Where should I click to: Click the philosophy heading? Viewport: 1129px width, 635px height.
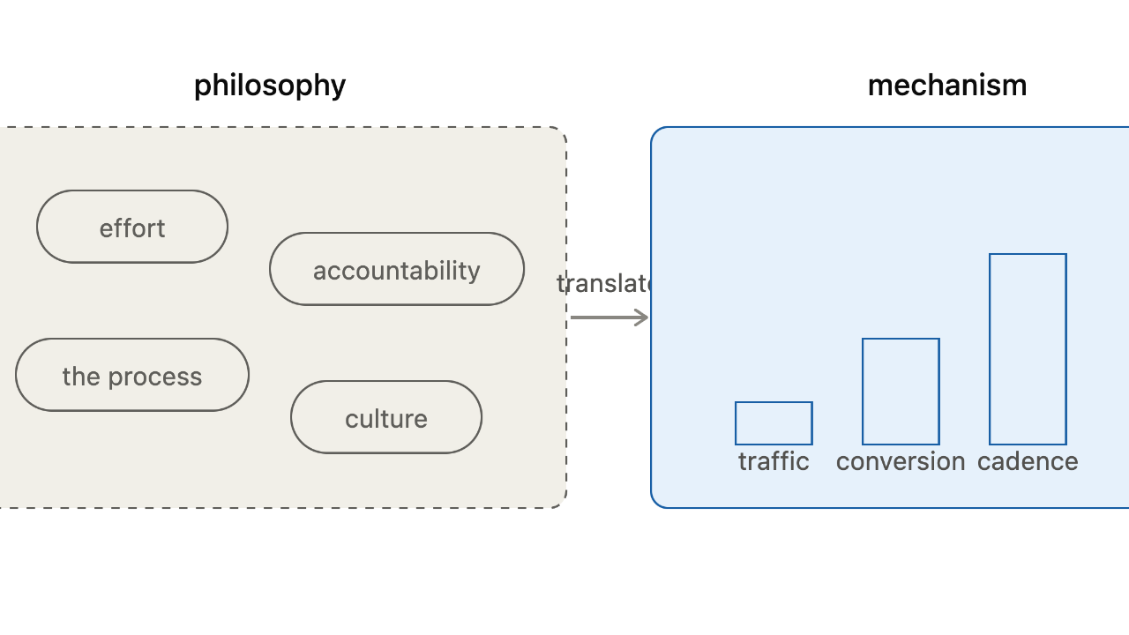click(270, 86)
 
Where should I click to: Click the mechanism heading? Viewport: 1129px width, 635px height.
click(947, 86)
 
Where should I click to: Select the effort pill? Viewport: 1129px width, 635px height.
click(132, 227)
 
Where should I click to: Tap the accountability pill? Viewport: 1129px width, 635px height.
click(397, 269)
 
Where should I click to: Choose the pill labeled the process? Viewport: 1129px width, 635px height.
click(132, 375)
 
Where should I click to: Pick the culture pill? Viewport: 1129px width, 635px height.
click(386, 417)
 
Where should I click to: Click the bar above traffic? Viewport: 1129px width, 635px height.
click(774, 423)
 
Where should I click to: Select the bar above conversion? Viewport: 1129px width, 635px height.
click(901, 392)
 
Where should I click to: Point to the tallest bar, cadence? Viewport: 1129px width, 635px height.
click(1028, 349)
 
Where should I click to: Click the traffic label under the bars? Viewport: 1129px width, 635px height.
click(774, 461)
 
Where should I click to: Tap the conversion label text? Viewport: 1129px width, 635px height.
click(901, 462)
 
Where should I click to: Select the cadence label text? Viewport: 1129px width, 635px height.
click(1028, 461)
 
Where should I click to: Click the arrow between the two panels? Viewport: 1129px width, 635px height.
click(609, 317)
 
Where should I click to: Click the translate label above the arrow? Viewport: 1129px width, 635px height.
click(605, 284)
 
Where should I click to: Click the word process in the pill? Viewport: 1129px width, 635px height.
click(155, 377)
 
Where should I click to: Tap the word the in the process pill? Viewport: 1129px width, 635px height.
click(81, 376)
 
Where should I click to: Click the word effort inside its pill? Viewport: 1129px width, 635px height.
click(132, 228)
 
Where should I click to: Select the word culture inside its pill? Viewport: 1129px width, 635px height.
click(386, 419)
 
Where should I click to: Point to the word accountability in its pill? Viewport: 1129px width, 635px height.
click(397, 271)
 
